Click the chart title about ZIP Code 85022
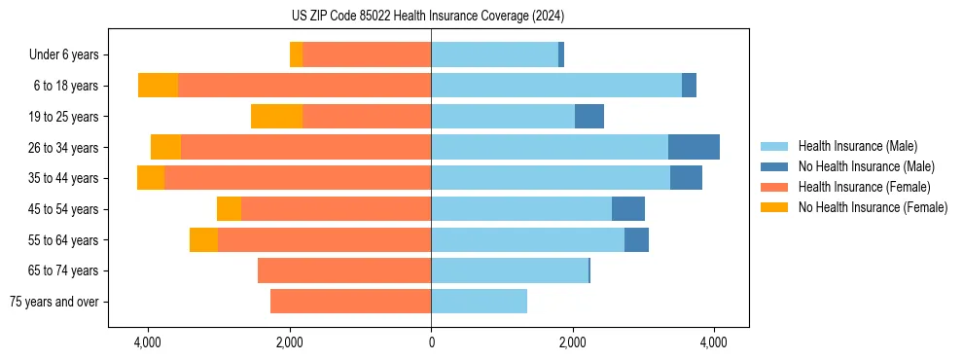pos(427,17)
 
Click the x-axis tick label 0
pos(431,342)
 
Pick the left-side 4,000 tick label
pos(148,342)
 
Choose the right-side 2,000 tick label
pos(573,342)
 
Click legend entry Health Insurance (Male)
pos(857,146)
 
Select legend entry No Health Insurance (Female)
pos(873,207)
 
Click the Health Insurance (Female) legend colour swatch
pos(774,187)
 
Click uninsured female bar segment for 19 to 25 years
pos(276,117)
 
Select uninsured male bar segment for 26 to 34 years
pos(694,147)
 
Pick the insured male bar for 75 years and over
pos(479,302)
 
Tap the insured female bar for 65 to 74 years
pos(344,270)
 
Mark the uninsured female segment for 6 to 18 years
pos(158,86)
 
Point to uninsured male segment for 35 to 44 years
pos(686,178)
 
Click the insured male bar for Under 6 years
pos(494,54)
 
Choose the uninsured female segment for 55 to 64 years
pos(203,239)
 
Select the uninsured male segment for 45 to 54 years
pos(628,209)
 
